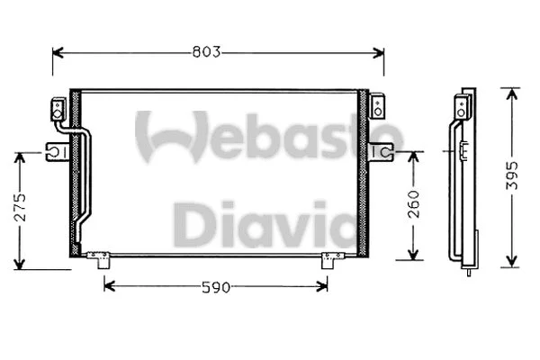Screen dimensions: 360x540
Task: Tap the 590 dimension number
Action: pos(216,287)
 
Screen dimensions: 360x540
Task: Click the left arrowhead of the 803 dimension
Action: pos(57,52)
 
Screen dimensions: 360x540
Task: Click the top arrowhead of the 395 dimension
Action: pos(510,92)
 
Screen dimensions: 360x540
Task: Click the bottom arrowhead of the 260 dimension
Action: pos(414,255)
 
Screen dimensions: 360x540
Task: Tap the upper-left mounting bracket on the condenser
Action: pos(58,110)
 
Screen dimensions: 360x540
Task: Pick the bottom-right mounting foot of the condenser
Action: pos(331,260)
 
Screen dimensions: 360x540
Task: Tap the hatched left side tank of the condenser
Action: pos(75,171)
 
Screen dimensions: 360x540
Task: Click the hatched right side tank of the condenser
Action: pos(364,171)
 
